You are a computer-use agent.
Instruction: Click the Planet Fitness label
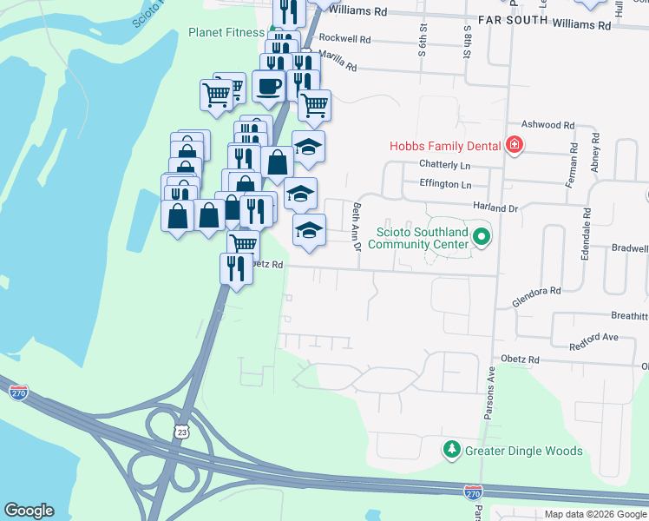click(x=226, y=33)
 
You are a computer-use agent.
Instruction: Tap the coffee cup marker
click(x=269, y=86)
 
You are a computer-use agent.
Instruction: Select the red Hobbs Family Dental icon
click(x=515, y=145)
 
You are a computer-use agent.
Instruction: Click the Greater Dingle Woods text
click(x=522, y=451)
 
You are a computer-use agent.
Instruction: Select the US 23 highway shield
click(x=181, y=430)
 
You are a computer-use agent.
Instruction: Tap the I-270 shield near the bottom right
click(x=473, y=492)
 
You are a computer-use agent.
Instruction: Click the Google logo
click(x=29, y=510)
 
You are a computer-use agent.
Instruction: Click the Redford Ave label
click(x=593, y=336)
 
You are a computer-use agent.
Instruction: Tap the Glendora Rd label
click(x=538, y=291)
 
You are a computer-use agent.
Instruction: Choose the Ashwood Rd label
click(x=548, y=125)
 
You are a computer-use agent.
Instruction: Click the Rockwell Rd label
click(x=344, y=39)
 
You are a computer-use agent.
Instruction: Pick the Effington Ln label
click(x=444, y=184)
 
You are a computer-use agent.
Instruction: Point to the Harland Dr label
click(x=495, y=208)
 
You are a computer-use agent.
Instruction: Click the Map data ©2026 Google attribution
click(x=595, y=513)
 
